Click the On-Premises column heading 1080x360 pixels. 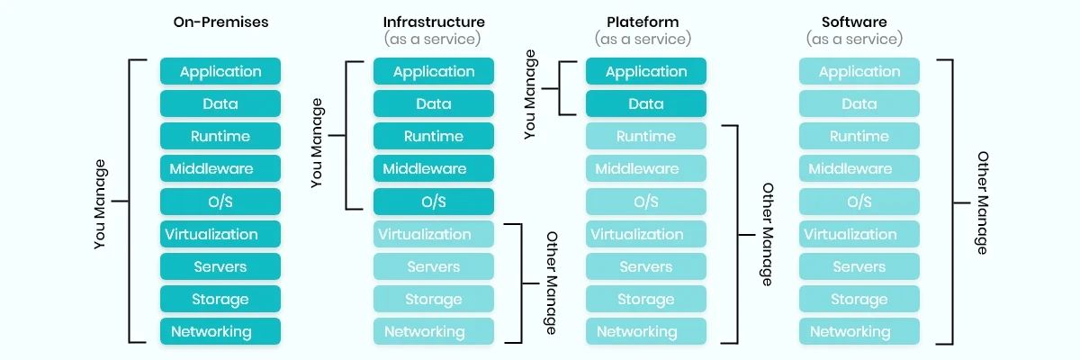[x=220, y=22]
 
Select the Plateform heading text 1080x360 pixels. [x=643, y=22]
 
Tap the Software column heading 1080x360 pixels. [x=854, y=22]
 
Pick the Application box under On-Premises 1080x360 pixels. [x=220, y=72]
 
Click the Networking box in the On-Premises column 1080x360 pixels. [x=220, y=331]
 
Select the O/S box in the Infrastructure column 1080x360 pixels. [x=434, y=202]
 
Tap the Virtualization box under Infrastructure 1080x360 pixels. [x=434, y=234]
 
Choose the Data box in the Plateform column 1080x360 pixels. [x=646, y=104]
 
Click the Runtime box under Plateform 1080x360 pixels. [x=646, y=137]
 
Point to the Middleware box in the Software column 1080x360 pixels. [x=859, y=169]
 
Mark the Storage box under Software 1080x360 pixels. [x=859, y=299]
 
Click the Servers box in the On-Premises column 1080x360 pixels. [x=220, y=266]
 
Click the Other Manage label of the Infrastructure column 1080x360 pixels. [x=552, y=283]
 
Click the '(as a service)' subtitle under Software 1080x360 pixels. [x=854, y=40]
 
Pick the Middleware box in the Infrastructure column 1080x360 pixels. [x=434, y=169]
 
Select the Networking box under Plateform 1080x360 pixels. [x=646, y=331]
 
